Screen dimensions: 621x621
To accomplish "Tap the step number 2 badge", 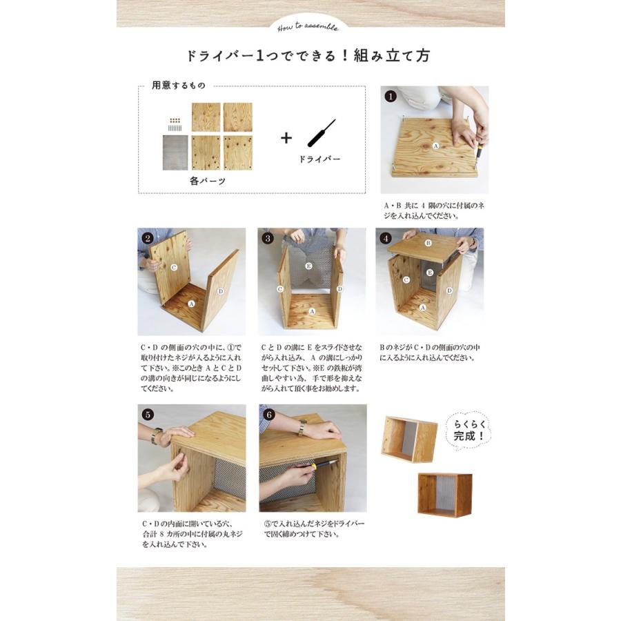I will pyautogui.click(x=146, y=238).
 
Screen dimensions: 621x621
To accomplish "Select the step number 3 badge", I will pyautogui.click(x=268, y=238).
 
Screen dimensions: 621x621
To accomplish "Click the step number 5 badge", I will pyautogui.click(x=146, y=415).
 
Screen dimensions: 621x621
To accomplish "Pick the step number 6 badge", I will pyautogui.click(x=268, y=415).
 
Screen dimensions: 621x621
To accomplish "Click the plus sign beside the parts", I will pyautogui.click(x=286, y=137).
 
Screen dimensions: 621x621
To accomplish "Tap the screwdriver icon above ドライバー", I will pyautogui.click(x=322, y=133).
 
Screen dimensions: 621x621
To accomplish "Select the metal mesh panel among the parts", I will pyautogui.click(x=175, y=152).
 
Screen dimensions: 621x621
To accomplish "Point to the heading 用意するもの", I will pyautogui.click(x=178, y=86).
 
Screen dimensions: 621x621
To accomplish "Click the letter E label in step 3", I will pyautogui.click(x=308, y=265).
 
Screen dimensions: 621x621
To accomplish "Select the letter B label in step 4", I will pyautogui.click(x=428, y=243).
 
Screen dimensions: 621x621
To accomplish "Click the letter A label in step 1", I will pyautogui.click(x=435, y=146).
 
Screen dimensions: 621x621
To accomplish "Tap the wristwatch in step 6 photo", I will pyautogui.click(x=302, y=428).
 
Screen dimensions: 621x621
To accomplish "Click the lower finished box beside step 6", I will pyautogui.click(x=444, y=495).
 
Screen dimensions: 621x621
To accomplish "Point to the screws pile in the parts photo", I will pyautogui.click(x=175, y=124).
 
